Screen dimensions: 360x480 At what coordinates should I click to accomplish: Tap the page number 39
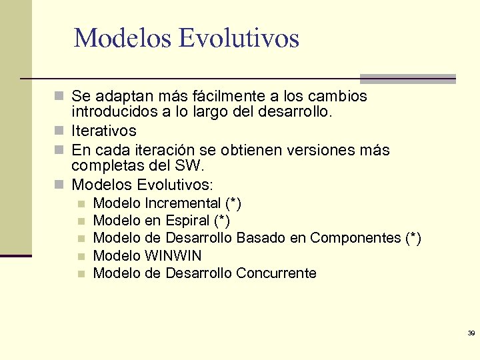[471, 333]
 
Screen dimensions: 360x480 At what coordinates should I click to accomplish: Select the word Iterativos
[104, 131]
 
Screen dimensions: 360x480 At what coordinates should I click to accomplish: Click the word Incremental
[183, 203]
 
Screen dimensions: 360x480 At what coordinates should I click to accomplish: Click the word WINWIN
[173, 255]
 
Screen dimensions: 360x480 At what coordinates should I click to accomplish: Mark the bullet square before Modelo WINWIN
[81, 256]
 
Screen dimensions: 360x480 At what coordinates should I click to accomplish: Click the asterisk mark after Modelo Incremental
[233, 202]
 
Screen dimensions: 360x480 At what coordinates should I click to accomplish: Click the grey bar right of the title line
[407, 78]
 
